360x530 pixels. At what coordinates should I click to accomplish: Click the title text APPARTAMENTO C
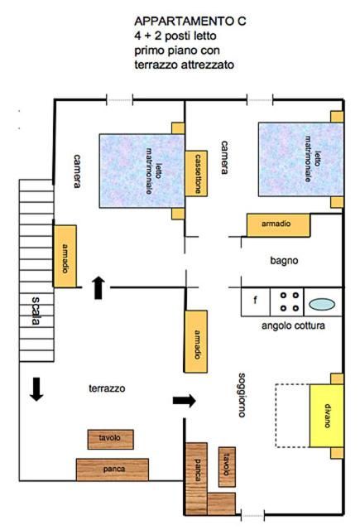pos(190,22)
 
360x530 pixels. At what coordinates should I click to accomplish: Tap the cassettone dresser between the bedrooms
pos(196,173)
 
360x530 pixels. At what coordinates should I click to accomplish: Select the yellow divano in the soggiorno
pos(327,416)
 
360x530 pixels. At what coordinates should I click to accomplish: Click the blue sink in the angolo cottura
pos(322,304)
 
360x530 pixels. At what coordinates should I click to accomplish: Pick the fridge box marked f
pos(256,301)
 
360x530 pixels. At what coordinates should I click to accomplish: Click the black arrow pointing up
pos(98,287)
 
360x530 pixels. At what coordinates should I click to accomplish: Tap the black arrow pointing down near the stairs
pos(36,389)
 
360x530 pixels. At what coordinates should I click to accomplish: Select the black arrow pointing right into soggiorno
pos(185,401)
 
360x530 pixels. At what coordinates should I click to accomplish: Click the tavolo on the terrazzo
pos(110,439)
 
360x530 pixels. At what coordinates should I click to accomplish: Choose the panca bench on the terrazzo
pos(113,470)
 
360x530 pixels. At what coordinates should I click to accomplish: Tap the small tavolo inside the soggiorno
pos(227,467)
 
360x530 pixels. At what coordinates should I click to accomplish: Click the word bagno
pos(284,261)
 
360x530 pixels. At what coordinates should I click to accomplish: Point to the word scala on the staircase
pos(36,311)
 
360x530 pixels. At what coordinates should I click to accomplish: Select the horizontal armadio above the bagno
pos(278,224)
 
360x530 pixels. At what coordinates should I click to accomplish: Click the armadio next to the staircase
pos(65,256)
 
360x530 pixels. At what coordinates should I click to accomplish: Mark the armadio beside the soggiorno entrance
pos(196,341)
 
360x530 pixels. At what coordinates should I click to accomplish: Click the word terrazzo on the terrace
pos(107,388)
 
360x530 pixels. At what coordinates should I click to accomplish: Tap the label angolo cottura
pos(293,325)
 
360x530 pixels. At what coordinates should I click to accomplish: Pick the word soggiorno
pos(242,395)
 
